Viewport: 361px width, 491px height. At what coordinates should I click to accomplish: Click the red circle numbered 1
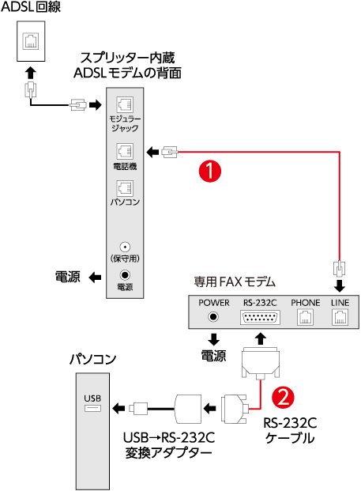(210, 171)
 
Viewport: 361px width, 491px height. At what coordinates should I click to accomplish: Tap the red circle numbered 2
(283, 397)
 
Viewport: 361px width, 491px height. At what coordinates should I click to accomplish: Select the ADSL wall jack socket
(31, 40)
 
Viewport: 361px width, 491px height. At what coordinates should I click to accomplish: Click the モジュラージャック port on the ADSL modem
(125, 104)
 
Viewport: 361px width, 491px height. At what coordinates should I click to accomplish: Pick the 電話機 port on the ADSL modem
(125, 152)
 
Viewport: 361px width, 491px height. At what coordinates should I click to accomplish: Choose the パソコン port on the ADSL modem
(125, 188)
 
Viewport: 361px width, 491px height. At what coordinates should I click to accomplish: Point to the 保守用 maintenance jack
(125, 247)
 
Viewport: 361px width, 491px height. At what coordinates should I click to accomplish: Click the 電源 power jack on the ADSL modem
(125, 275)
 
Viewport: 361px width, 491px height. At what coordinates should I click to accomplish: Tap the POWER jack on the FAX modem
(213, 317)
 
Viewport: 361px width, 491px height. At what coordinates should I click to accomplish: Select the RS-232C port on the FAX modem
(260, 318)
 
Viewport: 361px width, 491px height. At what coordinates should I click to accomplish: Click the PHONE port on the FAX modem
(305, 318)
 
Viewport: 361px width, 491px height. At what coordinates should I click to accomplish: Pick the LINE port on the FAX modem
(340, 318)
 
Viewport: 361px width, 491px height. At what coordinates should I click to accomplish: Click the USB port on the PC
(92, 408)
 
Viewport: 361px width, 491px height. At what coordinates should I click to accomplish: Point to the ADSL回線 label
(31, 7)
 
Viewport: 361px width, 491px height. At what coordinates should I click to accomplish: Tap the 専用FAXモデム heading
(235, 281)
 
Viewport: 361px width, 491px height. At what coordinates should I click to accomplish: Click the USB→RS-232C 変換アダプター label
(169, 445)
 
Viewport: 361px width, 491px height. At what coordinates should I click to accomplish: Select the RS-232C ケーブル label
(290, 430)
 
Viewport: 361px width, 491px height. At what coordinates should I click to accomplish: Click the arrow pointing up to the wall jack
(30, 73)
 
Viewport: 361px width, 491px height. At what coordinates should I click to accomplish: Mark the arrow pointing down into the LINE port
(340, 286)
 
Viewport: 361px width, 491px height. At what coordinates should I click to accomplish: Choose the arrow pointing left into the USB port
(118, 408)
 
